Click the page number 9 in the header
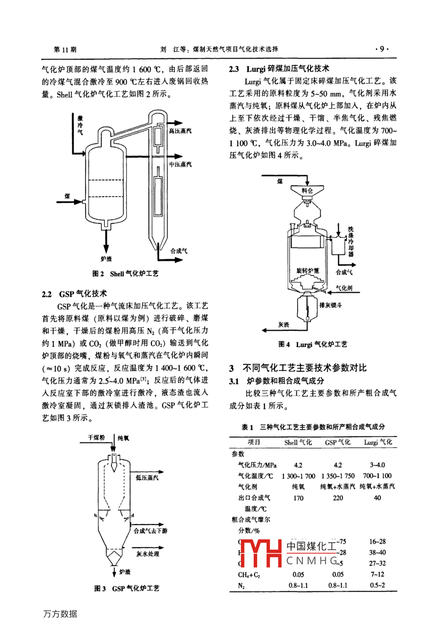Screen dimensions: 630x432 pyautogui.click(x=382, y=49)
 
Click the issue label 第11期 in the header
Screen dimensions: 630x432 pyautogui.click(x=65, y=49)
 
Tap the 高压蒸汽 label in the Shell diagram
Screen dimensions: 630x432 pyautogui.click(x=180, y=131)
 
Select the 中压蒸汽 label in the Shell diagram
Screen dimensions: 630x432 pyautogui.click(x=180, y=164)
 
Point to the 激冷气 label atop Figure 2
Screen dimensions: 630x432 pyautogui.click(x=80, y=125)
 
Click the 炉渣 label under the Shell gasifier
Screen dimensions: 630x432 pyautogui.click(x=106, y=258)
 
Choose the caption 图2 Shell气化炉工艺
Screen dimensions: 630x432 pyautogui.click(x=125, y=274)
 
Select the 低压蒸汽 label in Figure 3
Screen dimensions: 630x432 pyautogui.click(x=147, y=477)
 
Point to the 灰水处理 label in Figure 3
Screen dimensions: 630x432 pyautogui.click(x=148, y=554)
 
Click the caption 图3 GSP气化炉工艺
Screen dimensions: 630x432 pyautogui.click(x=127, y=588)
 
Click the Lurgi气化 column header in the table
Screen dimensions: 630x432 pyautogui.click(x=378, y=442)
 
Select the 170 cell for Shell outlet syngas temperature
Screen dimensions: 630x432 pyautogui.click(x=298, y=498)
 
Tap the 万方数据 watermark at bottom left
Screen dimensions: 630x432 pyautogui.click(x=60, y=614)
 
